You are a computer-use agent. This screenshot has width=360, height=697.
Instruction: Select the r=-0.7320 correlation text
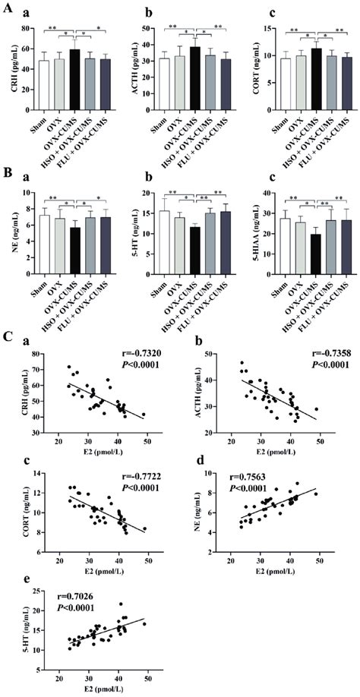[x=144, y=354]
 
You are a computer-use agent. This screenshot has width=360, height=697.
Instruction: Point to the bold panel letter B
[x=7, y=175]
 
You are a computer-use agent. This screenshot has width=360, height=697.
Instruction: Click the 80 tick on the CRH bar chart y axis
[x=24, y=28]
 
